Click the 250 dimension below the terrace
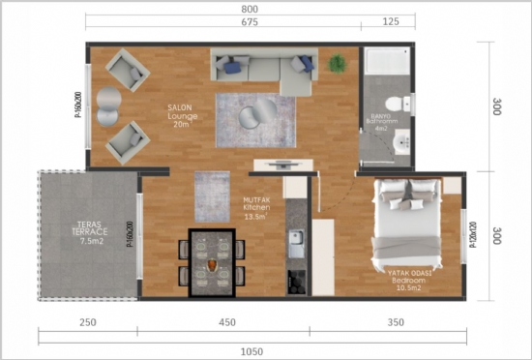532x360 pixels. click(87, 322)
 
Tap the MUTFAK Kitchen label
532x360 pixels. click(256, 209)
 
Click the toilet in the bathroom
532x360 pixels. click(393, 105)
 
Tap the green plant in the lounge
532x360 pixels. click(338, 64)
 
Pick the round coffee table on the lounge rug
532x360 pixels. click(251, 117)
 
